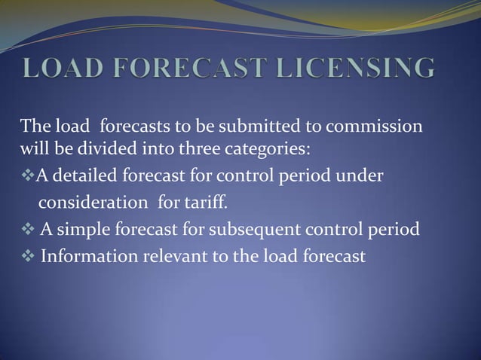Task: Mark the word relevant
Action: pos(169,256)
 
